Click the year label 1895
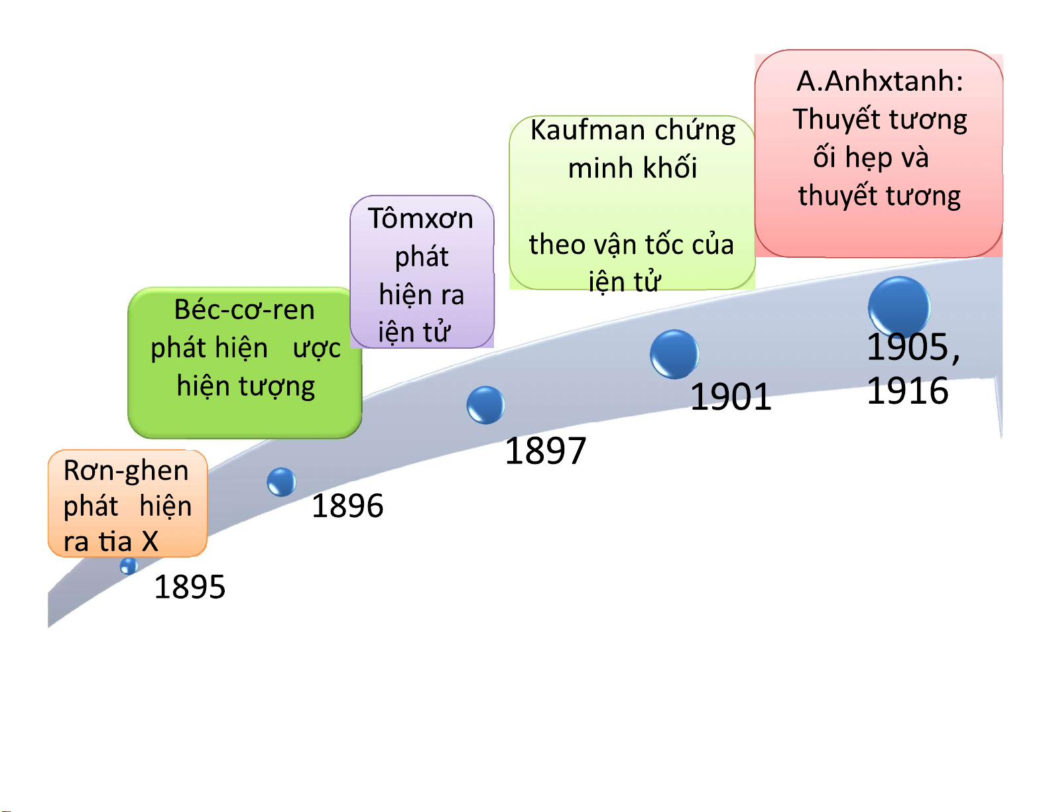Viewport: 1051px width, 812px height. click(190, 587)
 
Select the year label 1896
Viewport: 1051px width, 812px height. click(347, 506)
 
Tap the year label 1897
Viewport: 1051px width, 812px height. click(545, 451)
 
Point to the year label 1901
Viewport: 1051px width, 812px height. click(731, 397)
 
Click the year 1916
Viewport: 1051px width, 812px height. click(907, 391)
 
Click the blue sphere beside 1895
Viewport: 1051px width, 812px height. click(129, 565)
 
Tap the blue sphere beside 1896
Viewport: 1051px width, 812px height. click(281, 482)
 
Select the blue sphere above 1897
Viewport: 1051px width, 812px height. click(485, 405)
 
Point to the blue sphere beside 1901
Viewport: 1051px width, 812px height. click(674, 354)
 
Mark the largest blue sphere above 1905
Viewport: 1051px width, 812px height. click(899, 306)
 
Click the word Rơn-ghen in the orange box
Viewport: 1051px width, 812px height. click(126, 471)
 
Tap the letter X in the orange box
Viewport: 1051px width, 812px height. click(151, 542)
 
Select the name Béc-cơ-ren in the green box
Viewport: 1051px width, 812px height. click(244, 310)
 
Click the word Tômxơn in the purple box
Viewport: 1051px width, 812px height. click(420, 219)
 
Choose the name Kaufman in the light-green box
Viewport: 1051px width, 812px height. click(576, 130)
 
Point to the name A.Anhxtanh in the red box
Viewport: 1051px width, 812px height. click(879, 82)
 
